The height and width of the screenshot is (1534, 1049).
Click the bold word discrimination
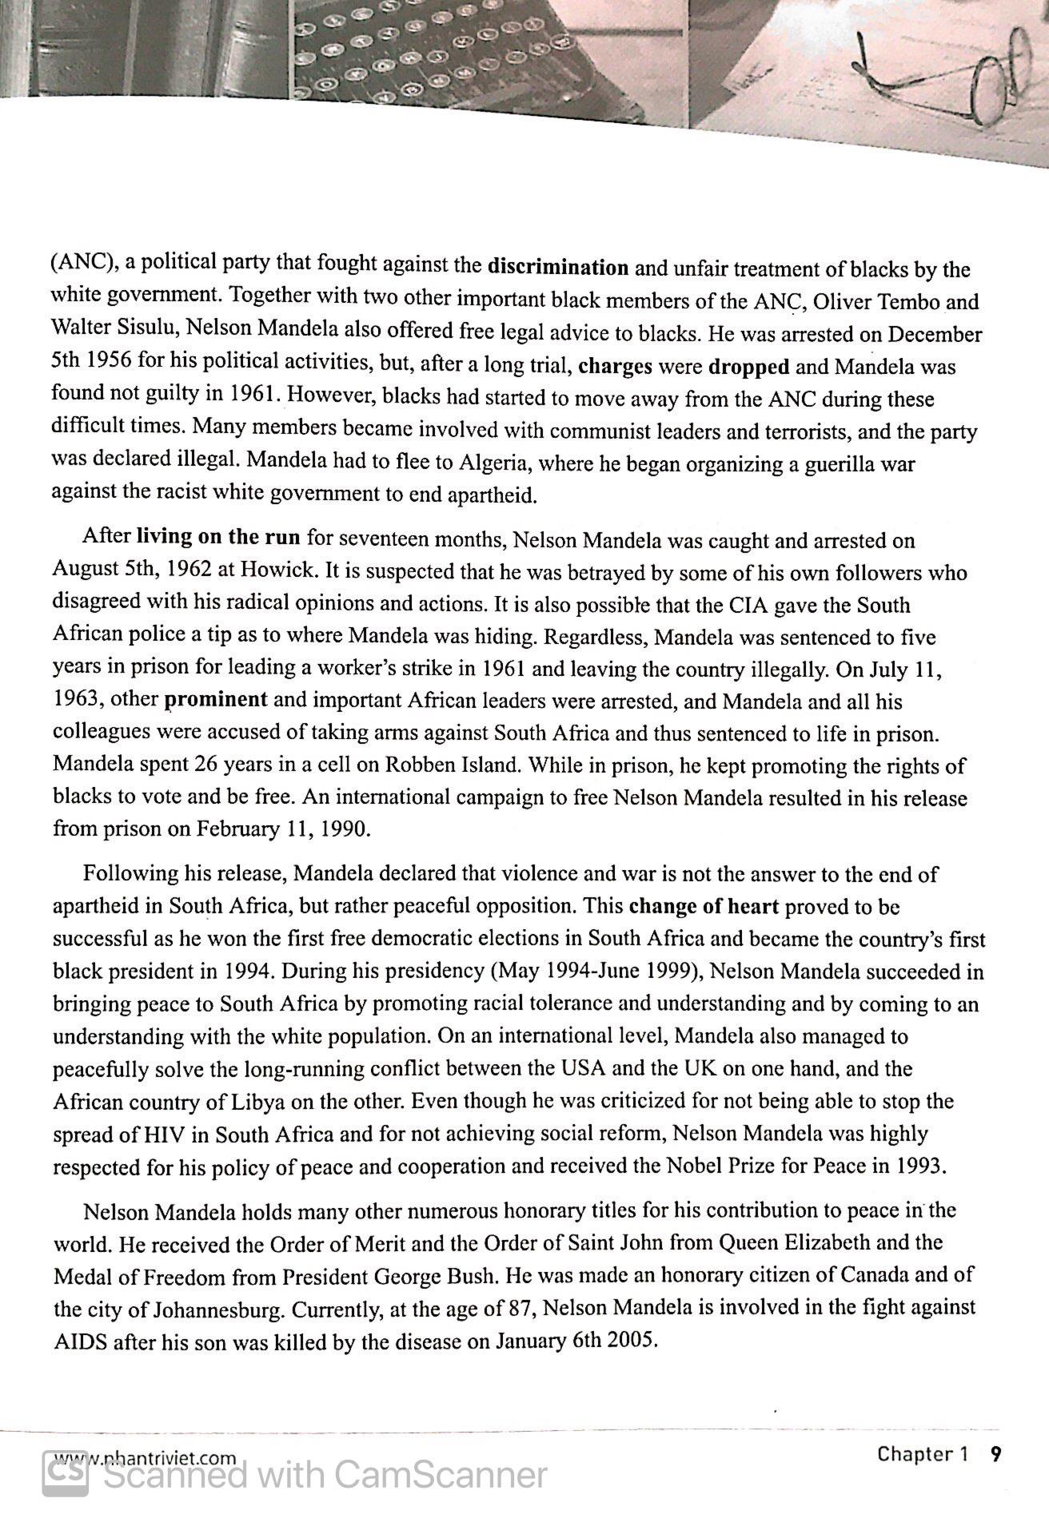coord(557,265)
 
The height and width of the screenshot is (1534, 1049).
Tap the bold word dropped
coord(749,367)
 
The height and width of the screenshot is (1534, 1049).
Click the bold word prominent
coord(216,700)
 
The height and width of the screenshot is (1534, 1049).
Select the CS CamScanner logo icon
coord(65,1472)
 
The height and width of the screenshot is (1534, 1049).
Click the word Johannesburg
coord(191,1309)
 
